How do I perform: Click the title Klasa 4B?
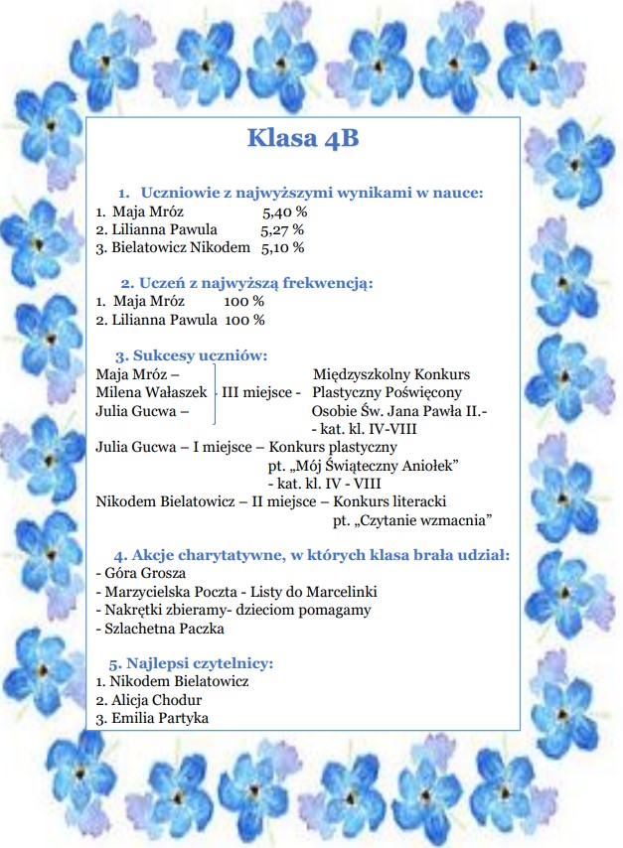coord(303,138)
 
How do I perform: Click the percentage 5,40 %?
coord(284,212)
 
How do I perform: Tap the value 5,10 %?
coord(283,247)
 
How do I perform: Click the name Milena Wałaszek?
coord(151,392)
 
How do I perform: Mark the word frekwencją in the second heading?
coord(324,283)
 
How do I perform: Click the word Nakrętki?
coord(130,609)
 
